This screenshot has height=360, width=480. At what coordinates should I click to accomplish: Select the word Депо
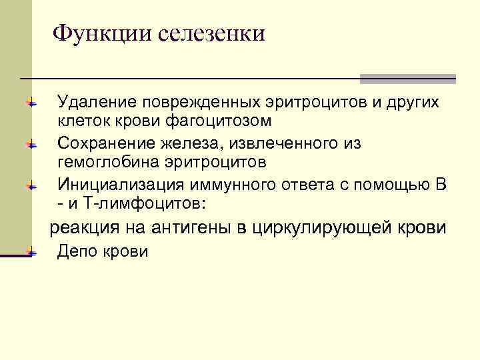pos(77,251)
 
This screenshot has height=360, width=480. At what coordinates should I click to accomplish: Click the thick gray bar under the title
pos(407,79)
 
